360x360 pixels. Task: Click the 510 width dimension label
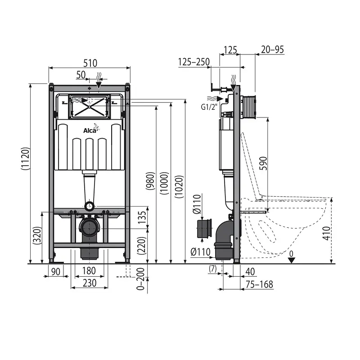click(90, 63)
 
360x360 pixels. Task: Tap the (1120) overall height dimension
click(25, 158)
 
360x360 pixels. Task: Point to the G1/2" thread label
click(209, 107)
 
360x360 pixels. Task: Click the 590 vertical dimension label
click(263, 163)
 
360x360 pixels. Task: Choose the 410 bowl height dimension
click(326, 233)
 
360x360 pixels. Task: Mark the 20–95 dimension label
click(272, 49)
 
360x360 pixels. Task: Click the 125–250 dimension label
click(194, 62)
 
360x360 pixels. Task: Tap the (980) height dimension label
click(150, 181)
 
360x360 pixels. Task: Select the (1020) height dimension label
click(179, 187)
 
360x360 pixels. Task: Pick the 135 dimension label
click(142, 217)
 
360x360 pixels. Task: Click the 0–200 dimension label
click(140, 279)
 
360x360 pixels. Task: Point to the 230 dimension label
click(90, 283)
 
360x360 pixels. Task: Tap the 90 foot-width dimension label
click(55, 272)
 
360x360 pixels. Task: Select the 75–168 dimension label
click(259, 284)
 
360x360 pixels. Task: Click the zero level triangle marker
click(291, 261)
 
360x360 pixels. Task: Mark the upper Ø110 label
click(197, 204)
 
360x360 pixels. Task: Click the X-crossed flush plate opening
click(89, 107)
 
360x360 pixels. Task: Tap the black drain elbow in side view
click(224, 239)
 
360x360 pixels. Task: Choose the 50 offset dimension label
click(81, 75)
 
